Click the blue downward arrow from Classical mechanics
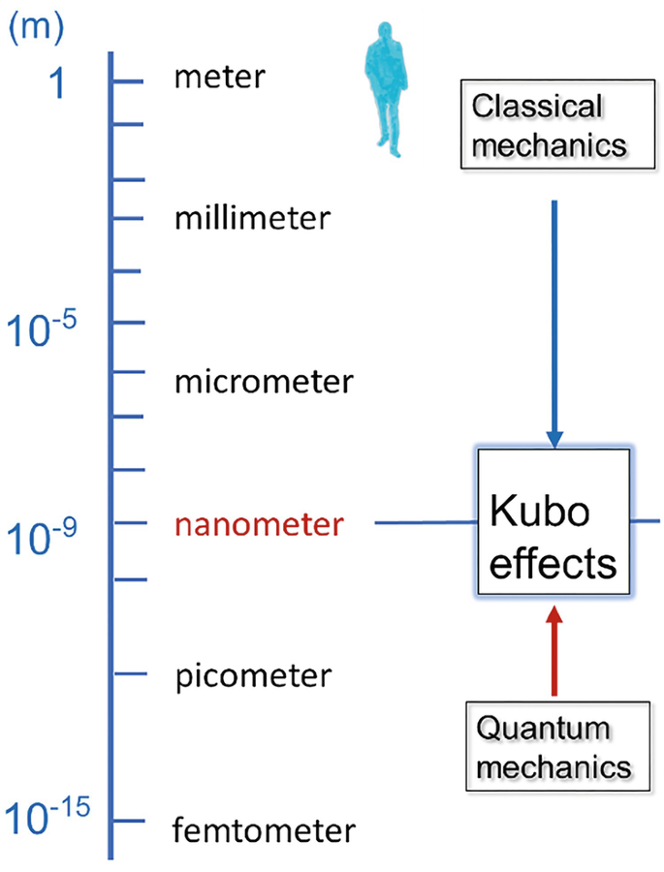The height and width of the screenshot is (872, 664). pyautogui.click(x=554, y=320)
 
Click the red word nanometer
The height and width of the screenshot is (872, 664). pyautogui.click(x=259, y=524)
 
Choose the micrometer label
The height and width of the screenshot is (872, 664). pyautogui.click(x=264, y=382)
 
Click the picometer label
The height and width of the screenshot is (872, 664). pyautogui.click(x=254, y=674)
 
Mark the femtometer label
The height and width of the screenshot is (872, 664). pyautogui.click(x=264, y=829)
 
